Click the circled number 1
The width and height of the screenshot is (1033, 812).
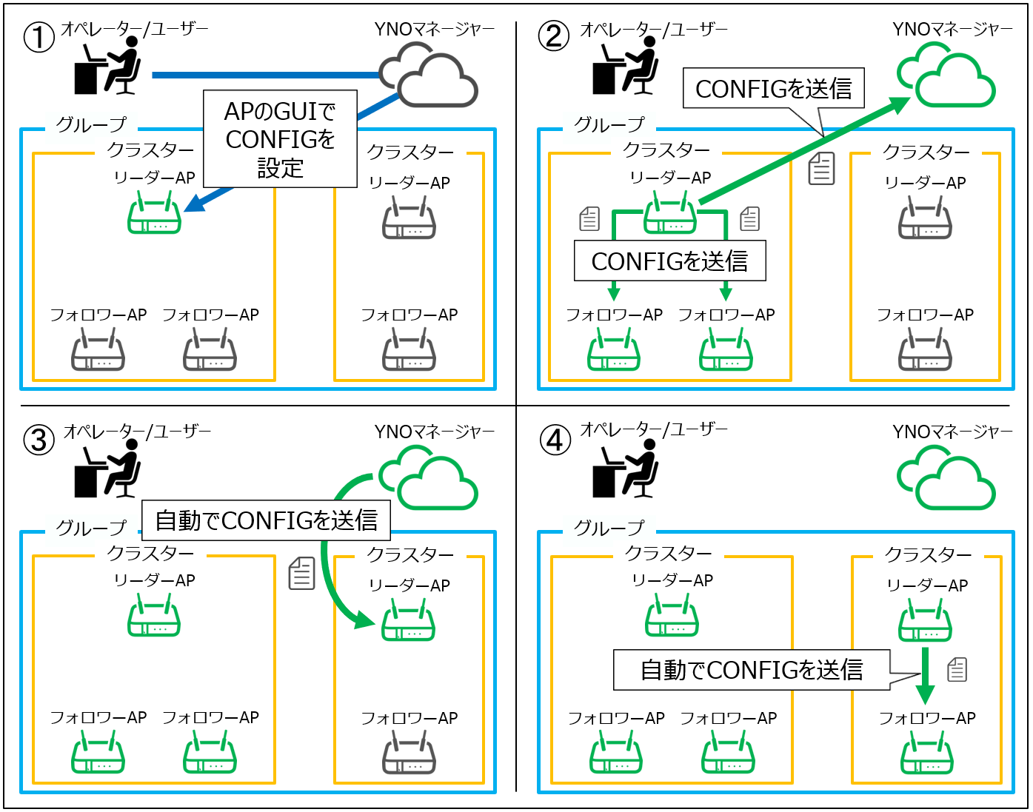pos(39,37)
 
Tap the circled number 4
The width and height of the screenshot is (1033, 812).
pos(555,440)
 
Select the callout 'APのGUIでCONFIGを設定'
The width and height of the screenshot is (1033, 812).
pos(281,139)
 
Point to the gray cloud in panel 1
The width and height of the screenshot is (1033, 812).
pos(429,76)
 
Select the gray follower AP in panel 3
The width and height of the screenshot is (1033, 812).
pos(409,753)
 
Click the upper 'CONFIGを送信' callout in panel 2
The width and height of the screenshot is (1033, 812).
pos(773,89)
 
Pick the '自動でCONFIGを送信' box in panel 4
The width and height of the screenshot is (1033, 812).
pos(751,669)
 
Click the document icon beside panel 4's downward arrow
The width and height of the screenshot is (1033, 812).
pos(957,669)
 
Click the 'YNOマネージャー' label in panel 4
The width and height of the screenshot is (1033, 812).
pos(952,432)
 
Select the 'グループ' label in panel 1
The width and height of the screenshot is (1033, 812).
pos(91,125)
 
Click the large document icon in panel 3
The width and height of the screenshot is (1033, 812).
pos(301,574)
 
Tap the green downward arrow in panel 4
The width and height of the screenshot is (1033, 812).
pos(925,675)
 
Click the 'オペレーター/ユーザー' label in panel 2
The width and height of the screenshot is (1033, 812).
pos(654,30)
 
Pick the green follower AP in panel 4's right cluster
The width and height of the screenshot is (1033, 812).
pos(927,753)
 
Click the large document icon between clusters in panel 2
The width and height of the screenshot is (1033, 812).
pos(821,170)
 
